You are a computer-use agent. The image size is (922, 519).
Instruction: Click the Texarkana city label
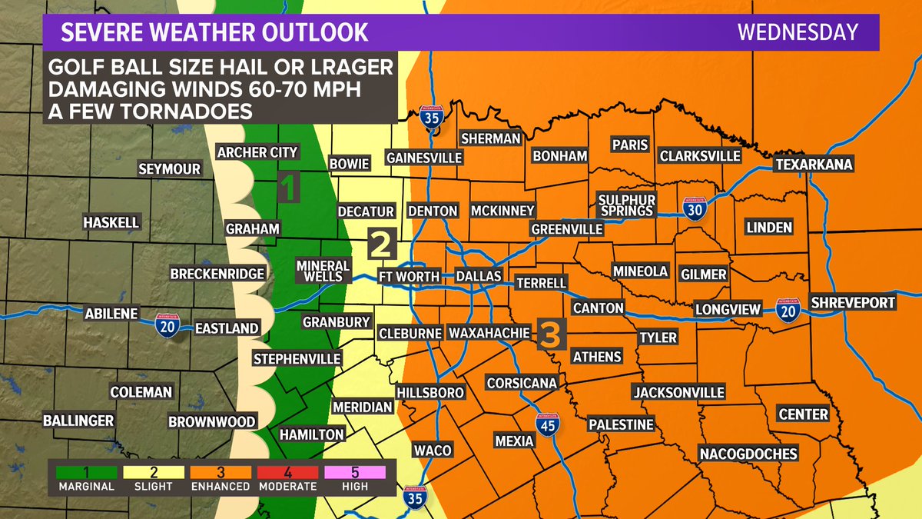click(x=814, y=165)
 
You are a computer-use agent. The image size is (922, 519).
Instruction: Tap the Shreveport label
click(x=853, y=302)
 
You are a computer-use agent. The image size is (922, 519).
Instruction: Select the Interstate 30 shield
click(x=693, y=208)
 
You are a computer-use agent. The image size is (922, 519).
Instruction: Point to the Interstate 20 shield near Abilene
click(x=167, y=325)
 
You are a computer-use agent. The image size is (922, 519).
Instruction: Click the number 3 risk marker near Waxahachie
click(x=552, y=333)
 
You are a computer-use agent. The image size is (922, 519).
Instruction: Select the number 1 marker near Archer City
click(x=288, y=188)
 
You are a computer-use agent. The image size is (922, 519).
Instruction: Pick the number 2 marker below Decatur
click(x=382, y=244)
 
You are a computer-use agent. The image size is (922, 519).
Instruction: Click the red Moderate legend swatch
click(x=289, y=471)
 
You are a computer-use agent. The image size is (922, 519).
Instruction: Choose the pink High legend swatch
click(x=355, y=471)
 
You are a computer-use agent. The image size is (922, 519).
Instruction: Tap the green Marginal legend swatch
click(x=85, y=471)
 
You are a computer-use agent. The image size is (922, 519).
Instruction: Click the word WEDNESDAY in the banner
click(x=798, y=32)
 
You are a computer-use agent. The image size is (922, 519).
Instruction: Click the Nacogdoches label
click(x=748, y=454)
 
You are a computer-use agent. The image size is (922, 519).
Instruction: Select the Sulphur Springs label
click(x=626, y=205)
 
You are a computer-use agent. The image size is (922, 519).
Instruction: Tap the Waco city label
click(x=433, y=450)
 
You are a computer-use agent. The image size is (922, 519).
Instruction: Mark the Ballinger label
click(x=78, y=421)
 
